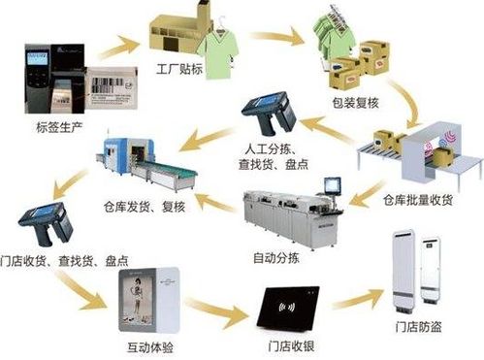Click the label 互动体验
point(146,344)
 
